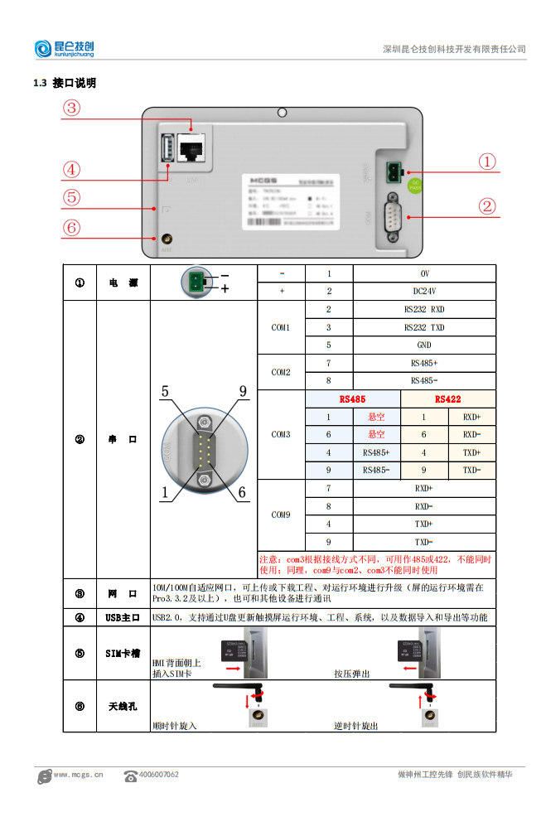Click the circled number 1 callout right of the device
coord(488,162)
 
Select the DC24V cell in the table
coord(424,292)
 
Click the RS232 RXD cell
coord(424,309)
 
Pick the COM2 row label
coord(281,372)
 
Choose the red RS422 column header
coord(447,399)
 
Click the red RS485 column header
coord(352,399)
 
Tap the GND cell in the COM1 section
coord(424,345)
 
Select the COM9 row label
coord(281,515)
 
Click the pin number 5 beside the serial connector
coord(166,392)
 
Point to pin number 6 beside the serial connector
coord(242,493)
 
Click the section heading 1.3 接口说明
coord(65,83)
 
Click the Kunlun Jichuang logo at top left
coord(65,49)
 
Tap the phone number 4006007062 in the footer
coord(158,775)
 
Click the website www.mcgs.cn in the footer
coord(78,775)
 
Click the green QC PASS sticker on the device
coord(416,186)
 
